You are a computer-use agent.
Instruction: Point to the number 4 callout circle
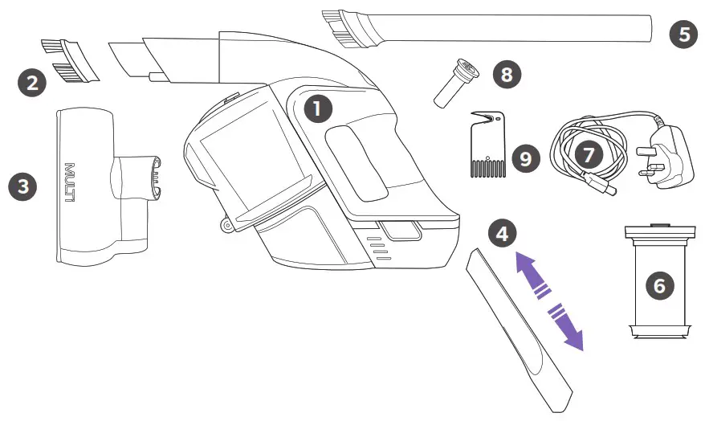(502, 234)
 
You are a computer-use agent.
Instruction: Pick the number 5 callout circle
(684, 35)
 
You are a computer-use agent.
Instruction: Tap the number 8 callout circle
(507, 75)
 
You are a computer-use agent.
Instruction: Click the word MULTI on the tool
(69, 183)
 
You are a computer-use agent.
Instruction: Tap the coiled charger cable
(586, 157)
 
